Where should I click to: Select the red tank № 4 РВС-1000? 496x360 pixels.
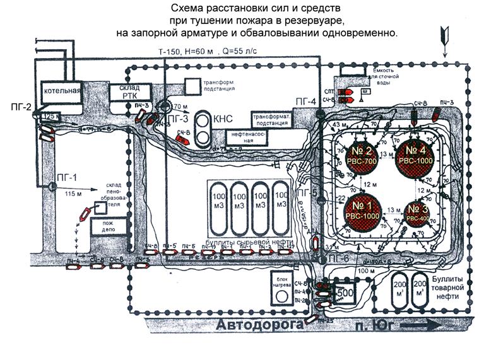click(x=415, y=153)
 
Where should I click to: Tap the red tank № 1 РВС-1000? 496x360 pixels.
click(x=361, y=209)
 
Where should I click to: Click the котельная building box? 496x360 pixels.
click(x=61, y=91)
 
